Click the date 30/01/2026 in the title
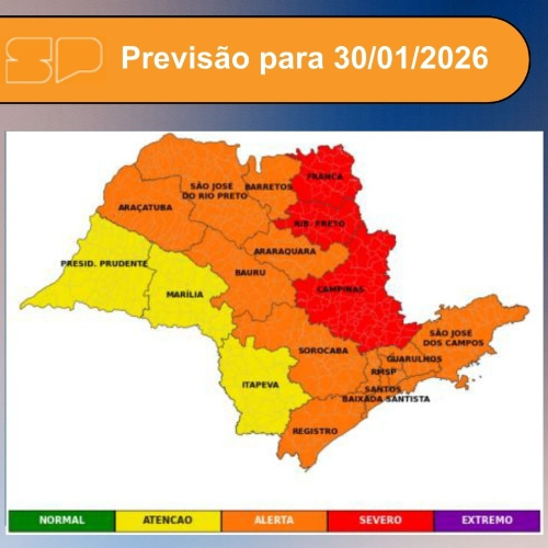410,58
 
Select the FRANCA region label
325,177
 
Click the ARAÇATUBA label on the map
145,208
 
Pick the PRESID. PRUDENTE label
104,264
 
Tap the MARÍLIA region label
185,294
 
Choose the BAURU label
250,273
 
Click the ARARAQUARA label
285,252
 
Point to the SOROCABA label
323,351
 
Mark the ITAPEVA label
260,385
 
